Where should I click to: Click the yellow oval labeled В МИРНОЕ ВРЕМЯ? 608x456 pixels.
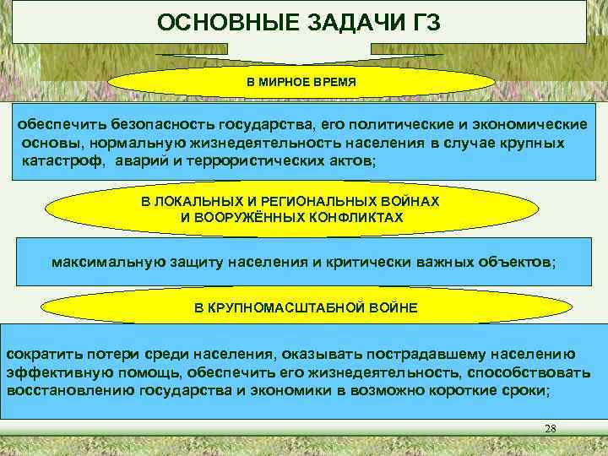point(301,84)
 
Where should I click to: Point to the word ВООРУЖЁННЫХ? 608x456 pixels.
point(247,217)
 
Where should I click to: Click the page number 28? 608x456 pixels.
point(550,430)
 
